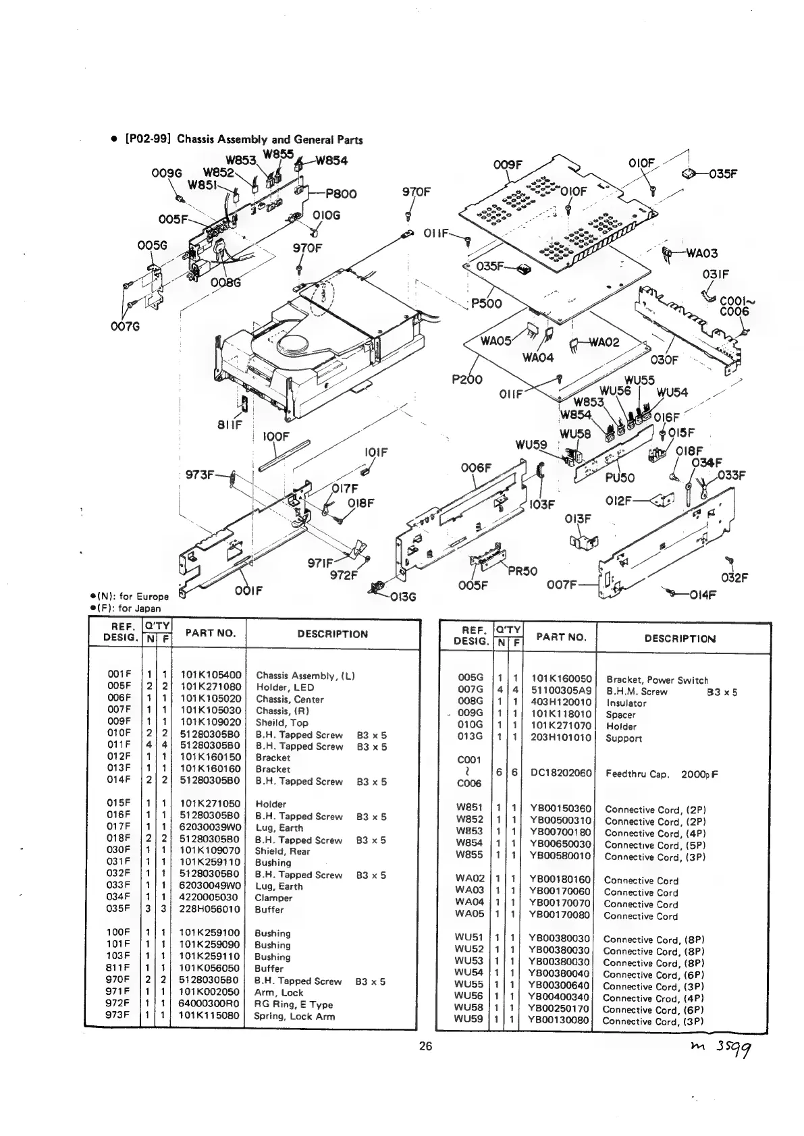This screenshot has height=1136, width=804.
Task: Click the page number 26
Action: [425, 1047]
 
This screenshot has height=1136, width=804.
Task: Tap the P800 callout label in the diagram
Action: [341, 193]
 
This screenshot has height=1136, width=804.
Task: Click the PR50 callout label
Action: [522, 571]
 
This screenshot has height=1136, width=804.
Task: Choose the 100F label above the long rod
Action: [275, 437]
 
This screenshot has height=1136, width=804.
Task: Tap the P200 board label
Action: [467, 379]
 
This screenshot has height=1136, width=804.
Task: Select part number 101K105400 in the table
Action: [211, 675]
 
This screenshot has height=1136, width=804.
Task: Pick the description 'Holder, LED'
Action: [284, 687]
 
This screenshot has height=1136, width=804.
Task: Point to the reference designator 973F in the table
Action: [118, 1015]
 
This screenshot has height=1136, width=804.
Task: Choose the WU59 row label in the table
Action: [468, 1019]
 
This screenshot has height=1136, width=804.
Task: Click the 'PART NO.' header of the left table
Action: [209, 633]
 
